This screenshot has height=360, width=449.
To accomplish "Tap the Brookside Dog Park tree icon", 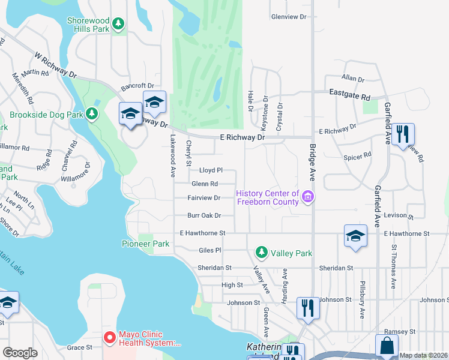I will click(x=92, y=113).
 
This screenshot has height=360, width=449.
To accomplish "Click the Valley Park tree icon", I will click(x=262, y=253).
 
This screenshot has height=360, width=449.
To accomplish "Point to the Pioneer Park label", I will click(x=146, y=244).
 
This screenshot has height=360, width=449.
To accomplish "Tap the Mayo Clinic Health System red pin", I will click(x=109, y=338).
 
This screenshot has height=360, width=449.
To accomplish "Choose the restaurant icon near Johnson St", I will click(x=308, y=308).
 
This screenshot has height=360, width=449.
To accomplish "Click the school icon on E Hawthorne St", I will click(x=355, y=235).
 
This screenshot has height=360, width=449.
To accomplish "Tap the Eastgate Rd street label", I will click(x=350, y=94).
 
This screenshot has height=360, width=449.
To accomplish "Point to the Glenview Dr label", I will click(x=289, y=17).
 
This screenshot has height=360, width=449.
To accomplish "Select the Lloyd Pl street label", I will click(x=211, y=170).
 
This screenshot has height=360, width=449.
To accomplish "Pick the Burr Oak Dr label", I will click(x=204, y=215).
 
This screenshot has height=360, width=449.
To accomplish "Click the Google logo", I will click(x=20, y=353).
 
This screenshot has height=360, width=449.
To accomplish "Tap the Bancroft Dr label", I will click(x=137, y=86).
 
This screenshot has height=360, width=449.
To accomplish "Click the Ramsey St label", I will click(x=400, y=331).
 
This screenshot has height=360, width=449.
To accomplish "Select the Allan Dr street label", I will click(x=353, y=79).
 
